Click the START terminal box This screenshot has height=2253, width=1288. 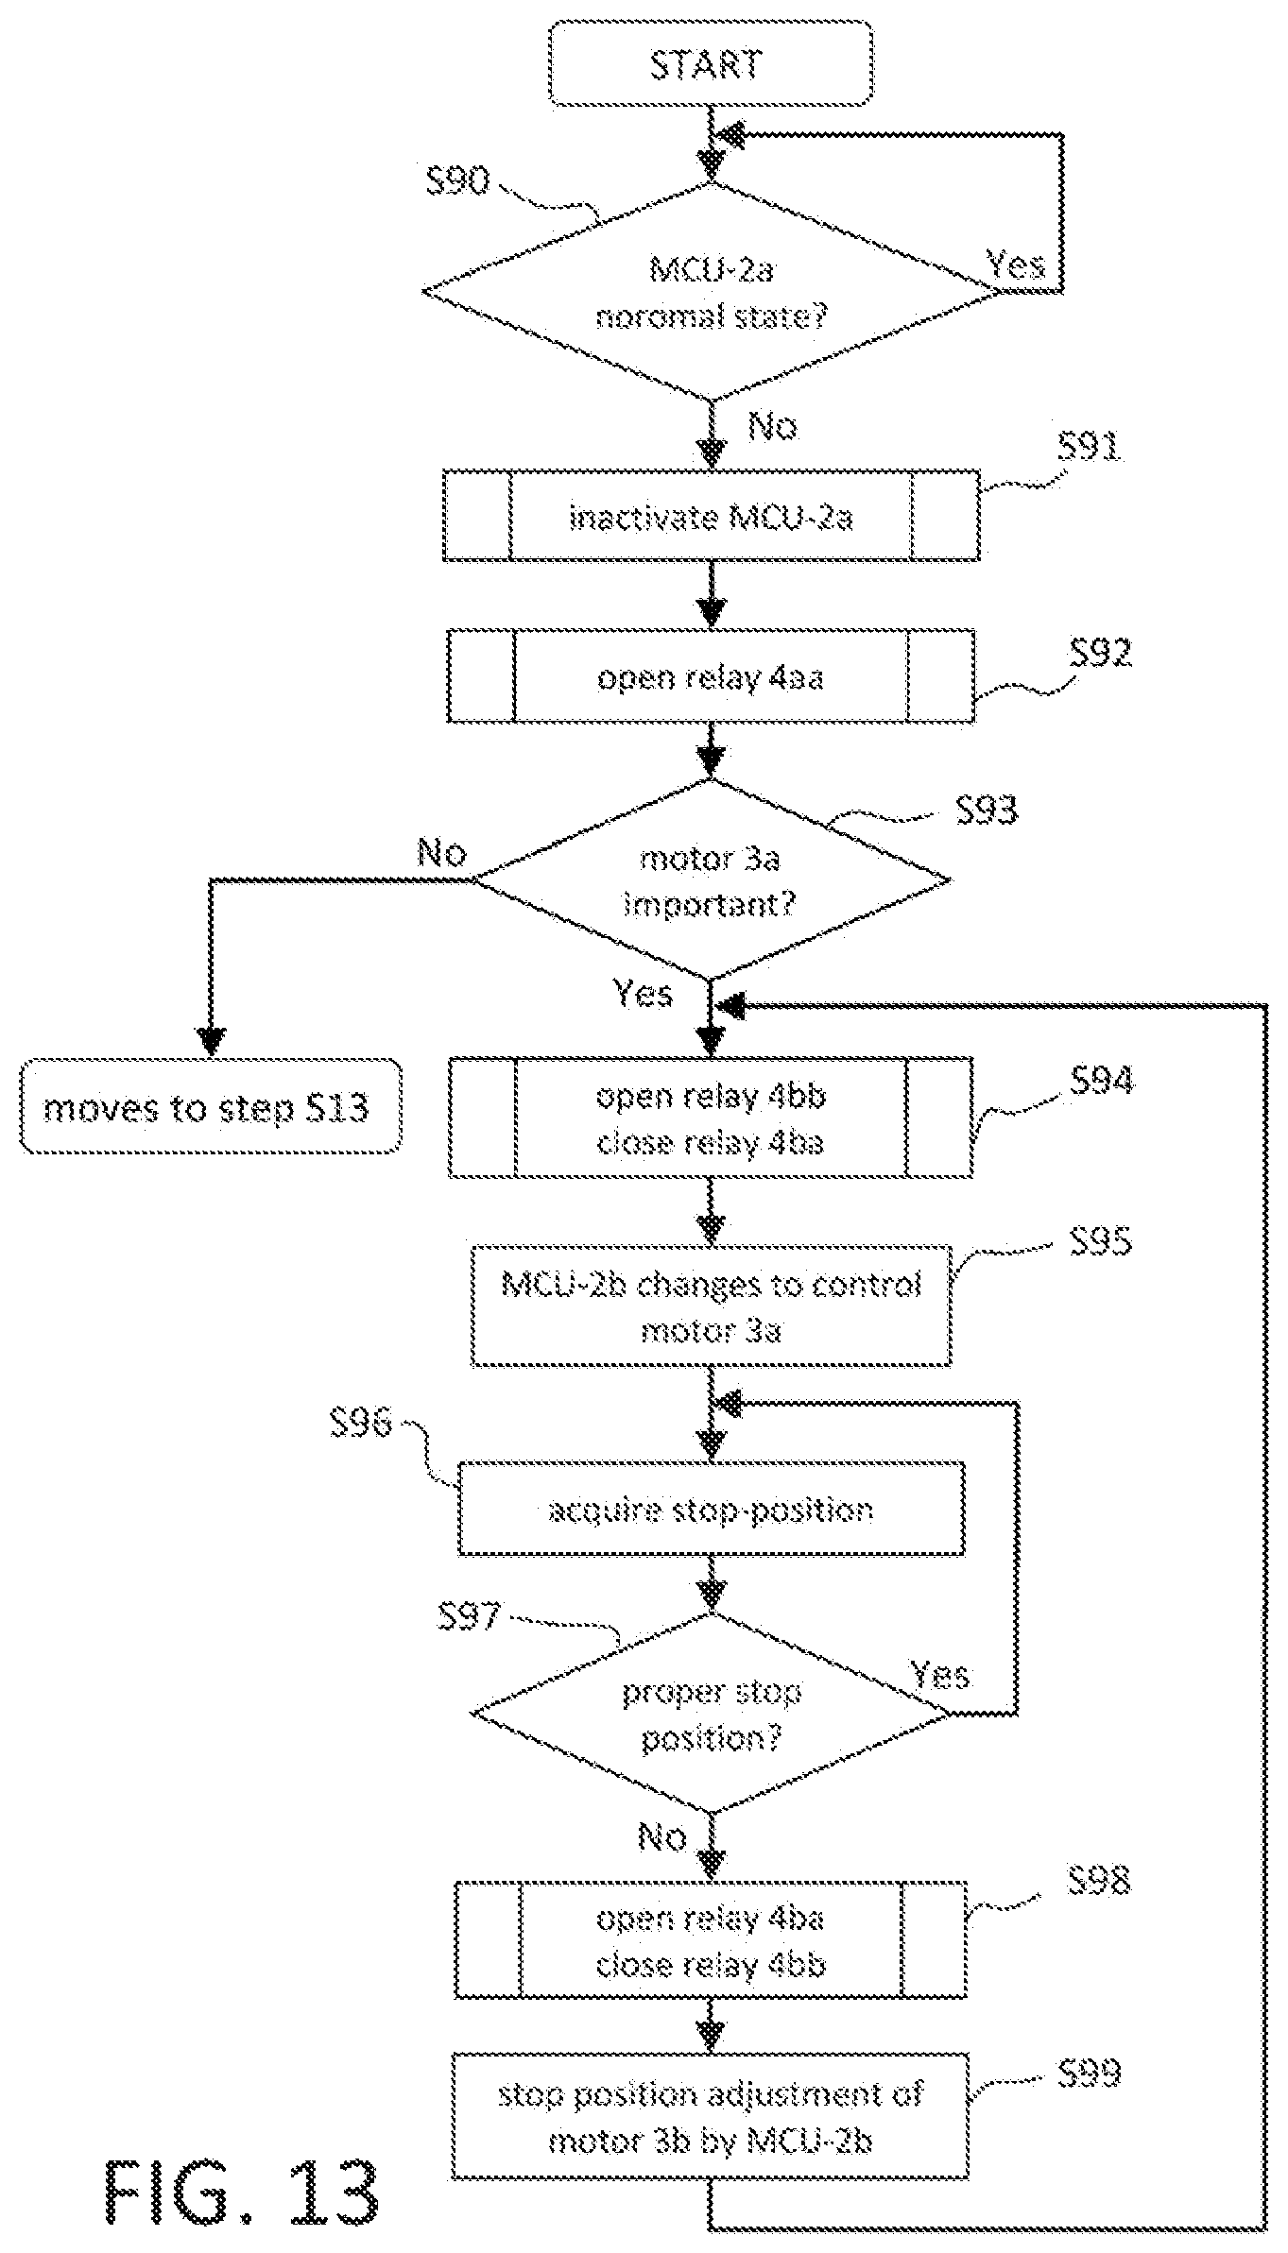pos(711,63)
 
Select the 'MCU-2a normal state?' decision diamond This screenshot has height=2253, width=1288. pos(711,291)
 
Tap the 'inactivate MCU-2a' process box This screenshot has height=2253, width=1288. pos(711,517)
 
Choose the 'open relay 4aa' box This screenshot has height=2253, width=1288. pos(711,676)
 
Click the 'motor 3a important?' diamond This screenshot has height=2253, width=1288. pos(711,880)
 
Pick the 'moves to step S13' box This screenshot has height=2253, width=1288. pos(211,1106)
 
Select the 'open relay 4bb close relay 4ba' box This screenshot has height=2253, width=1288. pos(711,1118)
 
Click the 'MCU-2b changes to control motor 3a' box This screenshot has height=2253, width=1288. pos(711,1306)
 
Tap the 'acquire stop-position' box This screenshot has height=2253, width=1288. pos(711,1509)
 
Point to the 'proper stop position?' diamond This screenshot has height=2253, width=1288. pos(711,1713)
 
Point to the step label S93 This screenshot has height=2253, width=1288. pos(987,810)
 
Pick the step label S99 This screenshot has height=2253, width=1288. pos(1090,2074)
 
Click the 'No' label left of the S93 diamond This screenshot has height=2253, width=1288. pos(442,854)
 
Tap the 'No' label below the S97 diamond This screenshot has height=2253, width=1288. pos(662,1837)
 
